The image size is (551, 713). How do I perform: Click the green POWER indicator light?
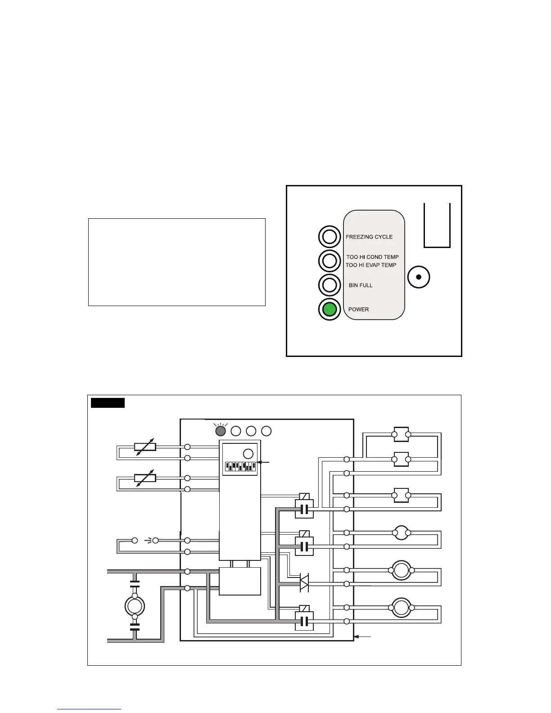pyautogui.click(x=330, y=309)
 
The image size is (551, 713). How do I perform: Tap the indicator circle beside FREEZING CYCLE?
pyautogui.click(x=330, y=237)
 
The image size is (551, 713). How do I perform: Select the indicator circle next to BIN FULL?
pyautogui.click(x=330, y=285)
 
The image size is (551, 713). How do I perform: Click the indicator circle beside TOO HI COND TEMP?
pyautogui.click(x=330, y=260)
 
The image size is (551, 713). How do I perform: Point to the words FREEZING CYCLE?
pyautogui.click(x=369, y=237)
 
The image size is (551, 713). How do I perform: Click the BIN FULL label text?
pyautogui.click(x=361, y=285)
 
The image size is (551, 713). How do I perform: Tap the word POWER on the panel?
pyautogui.click(x=358, y=310)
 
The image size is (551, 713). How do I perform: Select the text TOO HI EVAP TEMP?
pyautogui.click(x=371, y=265)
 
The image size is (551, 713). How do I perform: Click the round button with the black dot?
pyautogui.click(x=419, y=277)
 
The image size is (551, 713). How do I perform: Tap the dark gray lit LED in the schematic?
pyautogui.click(x=221, y=431)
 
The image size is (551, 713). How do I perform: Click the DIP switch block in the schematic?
pyautogui.click(x=240, y=466)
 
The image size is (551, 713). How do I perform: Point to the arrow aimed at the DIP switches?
pyautogui.click(x=264, y=462)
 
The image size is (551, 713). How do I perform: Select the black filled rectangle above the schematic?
pyautogui.click(x=108, y=402)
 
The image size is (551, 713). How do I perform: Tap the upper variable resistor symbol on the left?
pyautogui.click(x=145, y=447)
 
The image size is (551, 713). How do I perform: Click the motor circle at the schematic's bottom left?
pyautogui.click(x=135, y=606)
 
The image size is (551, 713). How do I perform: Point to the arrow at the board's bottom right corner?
pyautogui.click(x=363, y=637)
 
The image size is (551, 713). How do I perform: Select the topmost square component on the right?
pyautogui.click(x=401, y=434)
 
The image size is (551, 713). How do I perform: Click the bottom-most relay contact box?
pyautogui.click(x=304, y=622)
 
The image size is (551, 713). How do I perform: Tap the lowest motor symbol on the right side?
pyautogui.click(x=401, y=608)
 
